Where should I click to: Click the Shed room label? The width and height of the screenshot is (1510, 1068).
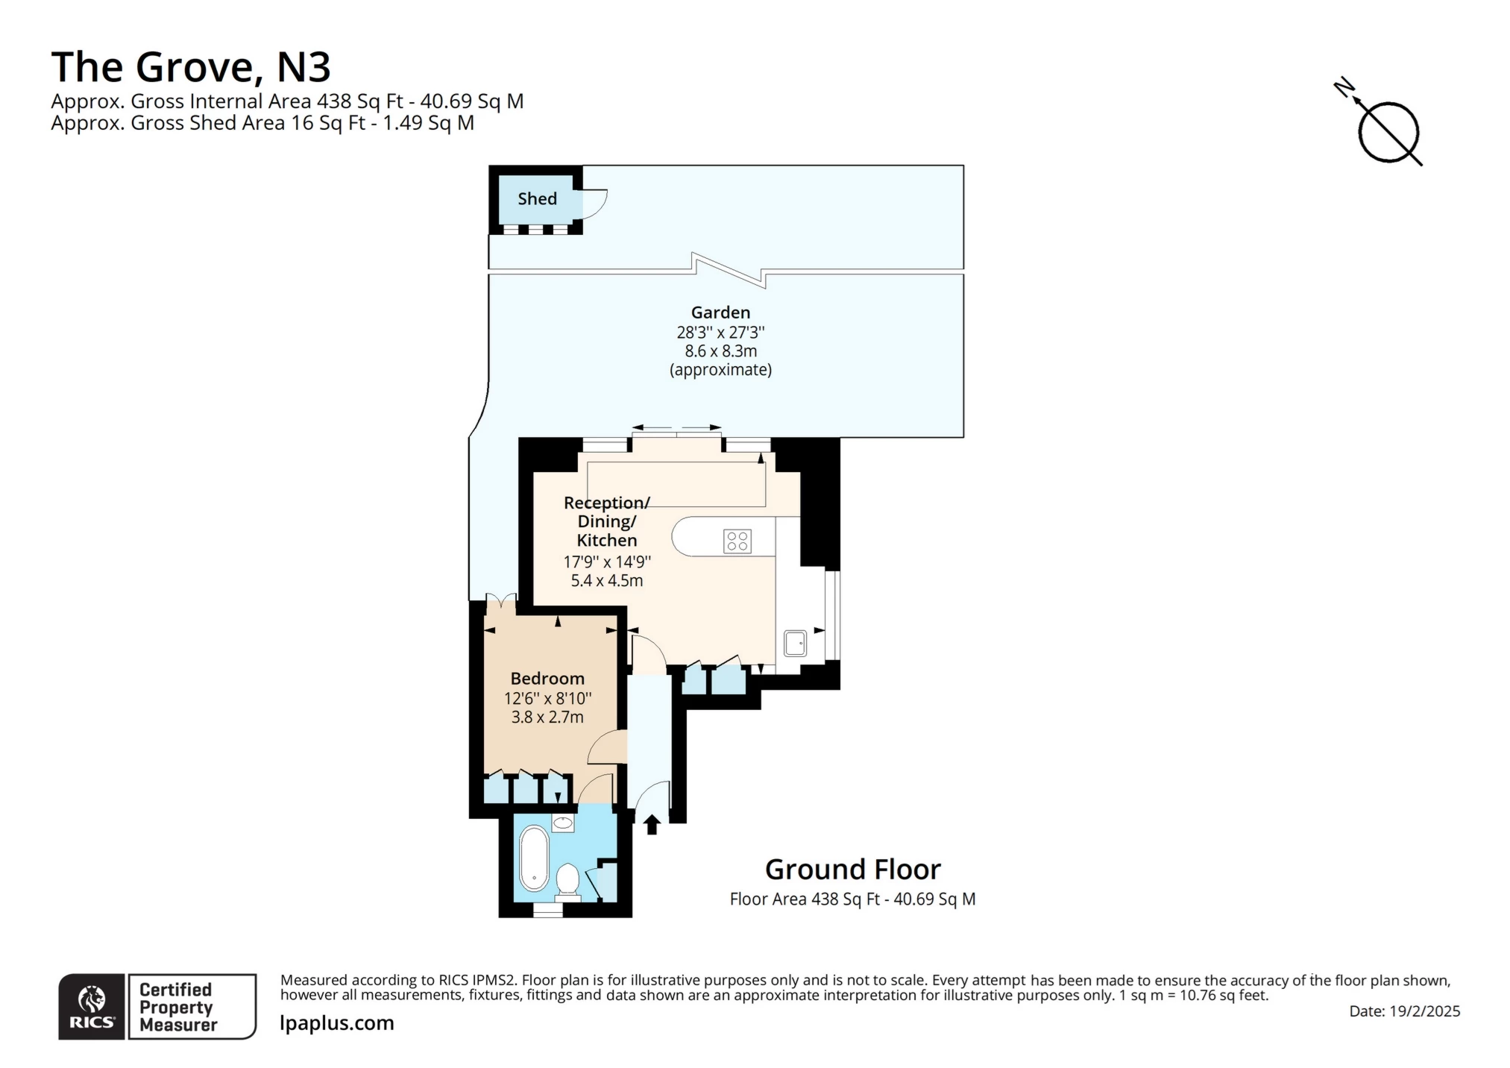coord(537,198)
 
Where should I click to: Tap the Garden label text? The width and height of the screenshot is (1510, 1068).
coord(720,312)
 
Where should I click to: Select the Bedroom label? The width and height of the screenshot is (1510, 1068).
coord(547,679)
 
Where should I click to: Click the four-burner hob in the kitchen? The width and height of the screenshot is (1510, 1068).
coord(737,541)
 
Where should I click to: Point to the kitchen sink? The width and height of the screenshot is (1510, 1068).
coord(795,643)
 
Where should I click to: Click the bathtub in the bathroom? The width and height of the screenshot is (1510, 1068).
coord(534,858)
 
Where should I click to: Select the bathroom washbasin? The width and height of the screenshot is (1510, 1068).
coord(563,823)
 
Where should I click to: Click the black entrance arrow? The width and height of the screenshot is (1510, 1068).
coord(652,824)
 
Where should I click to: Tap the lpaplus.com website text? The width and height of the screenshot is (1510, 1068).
coord(337,1023)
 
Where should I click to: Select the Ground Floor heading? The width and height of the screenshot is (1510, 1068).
coord(853,870)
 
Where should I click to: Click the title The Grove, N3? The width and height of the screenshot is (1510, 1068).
coord(191,67)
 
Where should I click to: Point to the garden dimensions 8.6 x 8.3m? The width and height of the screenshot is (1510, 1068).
coord(721,351)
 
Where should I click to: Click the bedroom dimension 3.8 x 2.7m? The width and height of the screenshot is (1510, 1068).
coord(547,717)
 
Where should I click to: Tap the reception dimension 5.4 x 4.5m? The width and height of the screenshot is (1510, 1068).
coord(607,580)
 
